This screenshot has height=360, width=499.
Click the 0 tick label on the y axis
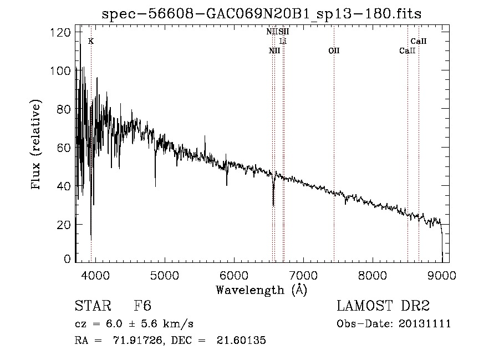(x=67, y=259)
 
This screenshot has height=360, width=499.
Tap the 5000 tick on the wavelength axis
(x=164, y=275)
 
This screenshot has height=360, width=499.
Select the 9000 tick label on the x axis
(x=442, y=275)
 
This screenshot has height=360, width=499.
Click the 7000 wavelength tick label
(x=303, y=275)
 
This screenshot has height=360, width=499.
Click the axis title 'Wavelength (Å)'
(x=261, y=290)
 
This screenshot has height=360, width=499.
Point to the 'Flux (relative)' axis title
(x=37, y=145)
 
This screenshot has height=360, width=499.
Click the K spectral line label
(x=91, y=41)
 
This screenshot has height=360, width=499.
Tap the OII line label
(x=334, y=50)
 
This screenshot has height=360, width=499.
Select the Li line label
(x=283, y=41)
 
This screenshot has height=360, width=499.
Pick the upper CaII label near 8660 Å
(x=419, y=41)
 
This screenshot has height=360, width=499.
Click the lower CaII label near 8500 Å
(x=408, y=50)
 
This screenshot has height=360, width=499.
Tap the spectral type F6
(x=142, y=306)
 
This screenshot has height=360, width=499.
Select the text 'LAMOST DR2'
(x=383, y=306)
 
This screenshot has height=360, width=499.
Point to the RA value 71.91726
(x=142, y=341)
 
